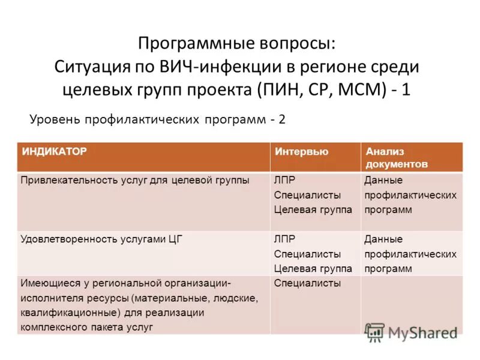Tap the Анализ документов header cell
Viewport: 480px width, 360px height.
click(396, 157)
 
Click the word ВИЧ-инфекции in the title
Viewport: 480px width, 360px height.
click(211, 67)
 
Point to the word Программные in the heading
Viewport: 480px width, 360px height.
click(186, 44)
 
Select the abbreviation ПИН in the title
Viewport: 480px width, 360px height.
click(280, 89)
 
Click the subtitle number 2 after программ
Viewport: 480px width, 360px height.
click(281, 119)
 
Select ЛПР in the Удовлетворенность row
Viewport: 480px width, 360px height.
click(284, 239)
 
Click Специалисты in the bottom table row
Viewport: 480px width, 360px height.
click(307, 283)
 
